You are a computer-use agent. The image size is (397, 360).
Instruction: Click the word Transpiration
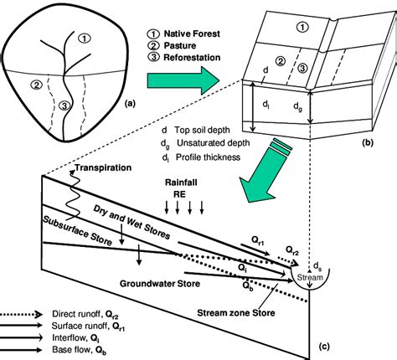pyautogui.click(x=103, y=168)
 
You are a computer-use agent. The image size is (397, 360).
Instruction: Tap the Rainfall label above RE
pyautogui.click(x=181, y=183)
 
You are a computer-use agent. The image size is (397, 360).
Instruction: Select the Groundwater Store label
pyautogui.click(x=160, y=284)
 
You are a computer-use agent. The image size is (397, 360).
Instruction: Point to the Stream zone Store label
pyautogui.click(x=236, y=313)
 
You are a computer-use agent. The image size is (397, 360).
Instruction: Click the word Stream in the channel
pyautogui.click(x=310, y=277)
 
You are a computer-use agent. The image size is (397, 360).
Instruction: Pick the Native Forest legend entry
pyautogui.click(x=183, y=33)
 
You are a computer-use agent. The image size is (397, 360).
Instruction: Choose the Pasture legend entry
pyautogui.click(x=172, y=45)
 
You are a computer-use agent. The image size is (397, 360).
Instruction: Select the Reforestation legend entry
pyautogui.click(x=184, y=58)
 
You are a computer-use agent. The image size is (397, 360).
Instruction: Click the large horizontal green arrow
pyautogui.click(x=183, y=80)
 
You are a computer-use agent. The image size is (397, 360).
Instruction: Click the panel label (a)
pyautogui.click(x=130, y=104)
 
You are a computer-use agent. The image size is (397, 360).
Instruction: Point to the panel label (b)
pyautogui.click(x=367, y=142)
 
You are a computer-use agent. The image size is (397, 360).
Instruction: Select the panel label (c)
pyautogui.click(x=324, y=347)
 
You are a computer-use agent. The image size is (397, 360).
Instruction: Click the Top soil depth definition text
pyautogui.click(x=196, y=130)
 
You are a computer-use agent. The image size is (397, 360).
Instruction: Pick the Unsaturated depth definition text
pyautogui.click(x=205, y=143)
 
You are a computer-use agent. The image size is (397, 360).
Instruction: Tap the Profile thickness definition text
pyautogui.click(x=201, y=157)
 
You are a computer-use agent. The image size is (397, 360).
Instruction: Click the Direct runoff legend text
pyautogui.click(x=85, y=314)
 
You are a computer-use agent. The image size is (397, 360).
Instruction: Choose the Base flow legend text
pyautogui.click(x=79, y=350)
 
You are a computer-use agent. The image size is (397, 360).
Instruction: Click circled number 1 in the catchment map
pyautogui.click(x=85, y=38)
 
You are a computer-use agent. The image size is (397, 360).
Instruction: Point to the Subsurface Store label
pyautogui.click(x=77, y=230)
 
